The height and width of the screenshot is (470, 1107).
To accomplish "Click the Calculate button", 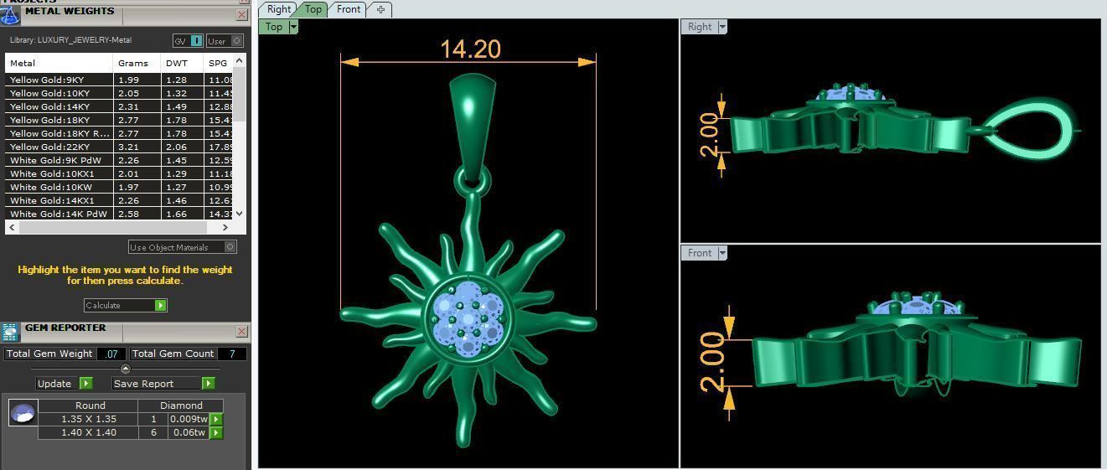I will (x=125, y=305).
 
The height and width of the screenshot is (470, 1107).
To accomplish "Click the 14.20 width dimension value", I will (x=470, y=49).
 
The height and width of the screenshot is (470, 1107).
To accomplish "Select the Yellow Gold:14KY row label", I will (x=49, y=106).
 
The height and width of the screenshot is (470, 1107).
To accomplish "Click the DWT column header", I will (x=177, y=63).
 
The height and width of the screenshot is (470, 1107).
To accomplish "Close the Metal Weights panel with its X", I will (x=241, y=14).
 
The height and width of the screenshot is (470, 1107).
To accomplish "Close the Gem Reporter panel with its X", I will (x=241, y=331).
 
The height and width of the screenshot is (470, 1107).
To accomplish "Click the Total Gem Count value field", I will (x=231, y=354).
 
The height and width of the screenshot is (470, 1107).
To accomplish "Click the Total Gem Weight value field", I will (x=111, y=354).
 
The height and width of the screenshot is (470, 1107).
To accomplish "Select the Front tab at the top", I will (x=349, y=9).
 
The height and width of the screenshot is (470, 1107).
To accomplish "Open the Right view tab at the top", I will (x=278, y=9).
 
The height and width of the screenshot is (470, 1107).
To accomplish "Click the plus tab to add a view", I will (x=380, y=9).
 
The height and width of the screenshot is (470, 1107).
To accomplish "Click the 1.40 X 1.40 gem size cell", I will (x=90, y=432).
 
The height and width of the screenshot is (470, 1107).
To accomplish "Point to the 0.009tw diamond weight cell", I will (x=188, y=419).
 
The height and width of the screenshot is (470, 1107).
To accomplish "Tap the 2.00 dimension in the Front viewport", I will (x=711, y=362).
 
